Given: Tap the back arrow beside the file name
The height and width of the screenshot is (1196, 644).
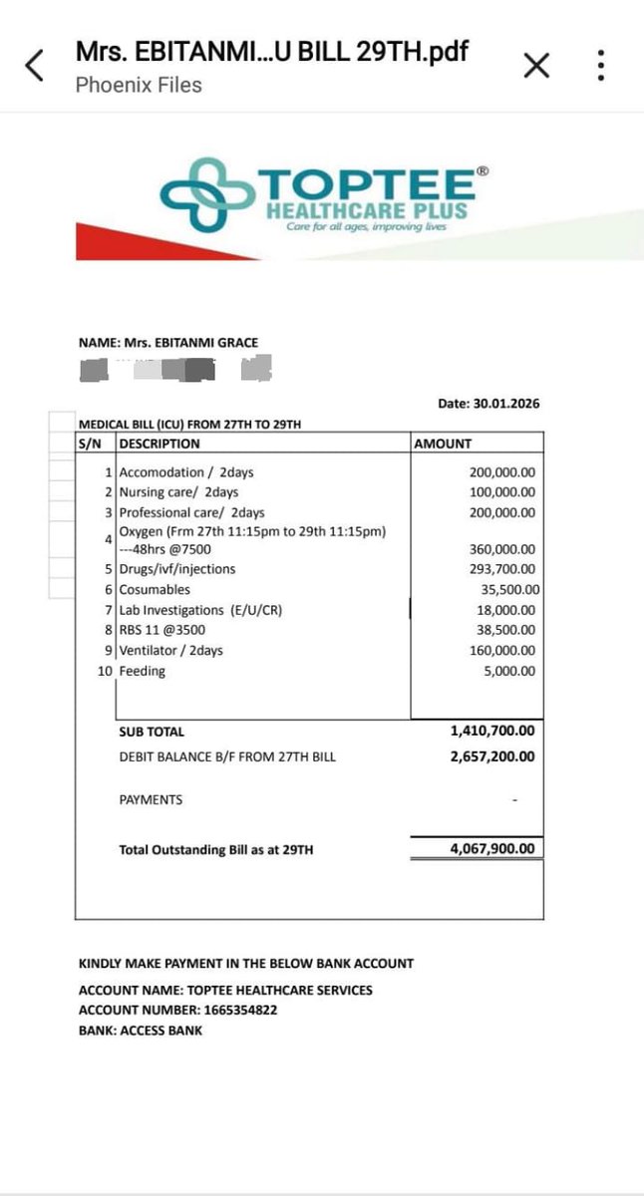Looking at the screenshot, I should coord(35,66).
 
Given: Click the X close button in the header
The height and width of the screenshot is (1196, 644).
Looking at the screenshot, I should coord(536,66).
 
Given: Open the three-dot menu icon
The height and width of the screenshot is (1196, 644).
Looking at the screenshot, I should coord(601,66).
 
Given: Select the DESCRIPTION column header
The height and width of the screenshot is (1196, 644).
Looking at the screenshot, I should coord(160,444).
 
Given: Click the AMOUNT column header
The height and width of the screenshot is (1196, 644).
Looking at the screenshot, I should coord(443,444).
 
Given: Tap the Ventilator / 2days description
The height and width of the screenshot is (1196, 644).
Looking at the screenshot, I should coord(170,650).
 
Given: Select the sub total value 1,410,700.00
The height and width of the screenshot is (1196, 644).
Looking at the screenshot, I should coord(492,731).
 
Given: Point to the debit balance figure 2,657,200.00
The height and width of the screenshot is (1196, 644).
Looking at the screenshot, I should coord(492,756).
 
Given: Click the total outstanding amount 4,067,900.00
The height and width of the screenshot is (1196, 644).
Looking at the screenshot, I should coord(492,849).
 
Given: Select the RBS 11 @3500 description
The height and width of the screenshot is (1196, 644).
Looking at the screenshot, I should coord(163,630).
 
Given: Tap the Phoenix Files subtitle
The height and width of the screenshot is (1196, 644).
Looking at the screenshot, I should coord(139,85).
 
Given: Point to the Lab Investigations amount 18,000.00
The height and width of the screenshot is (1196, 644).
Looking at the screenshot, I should coord(505,610).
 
